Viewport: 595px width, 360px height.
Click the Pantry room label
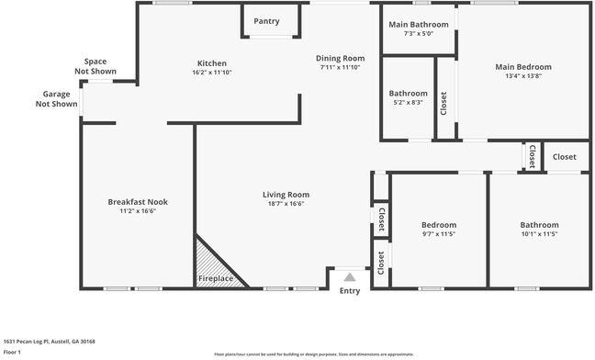[x=266, y=21]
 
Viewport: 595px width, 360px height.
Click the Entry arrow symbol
[x=349, y=275]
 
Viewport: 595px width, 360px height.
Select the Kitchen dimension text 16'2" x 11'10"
[x=212, y=73]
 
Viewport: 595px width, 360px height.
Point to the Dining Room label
[x=341, y=58]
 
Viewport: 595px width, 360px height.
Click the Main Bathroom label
[x=419, y=24]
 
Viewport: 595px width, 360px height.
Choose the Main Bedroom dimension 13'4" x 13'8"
[x=523, y=76]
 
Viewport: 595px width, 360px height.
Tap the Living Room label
[x=286, y=195]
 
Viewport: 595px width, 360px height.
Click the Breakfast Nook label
[x=138, y=202]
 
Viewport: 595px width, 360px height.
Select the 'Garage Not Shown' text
[x=56, y=99]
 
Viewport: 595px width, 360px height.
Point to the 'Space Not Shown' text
[x=95, y=66]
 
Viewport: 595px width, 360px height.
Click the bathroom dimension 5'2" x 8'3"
[x=408, y=103]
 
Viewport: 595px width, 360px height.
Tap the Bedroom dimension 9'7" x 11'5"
[x=438, y=234]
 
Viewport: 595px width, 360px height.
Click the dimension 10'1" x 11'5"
[x=539, y=234]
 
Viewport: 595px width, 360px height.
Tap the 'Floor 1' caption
[x=13, y=352]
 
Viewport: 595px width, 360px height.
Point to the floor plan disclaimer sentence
[x=314, y=354]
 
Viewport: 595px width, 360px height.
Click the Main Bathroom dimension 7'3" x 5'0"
[x=419, y=34]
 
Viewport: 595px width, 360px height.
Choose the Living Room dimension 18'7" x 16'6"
[x=286, y=204]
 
